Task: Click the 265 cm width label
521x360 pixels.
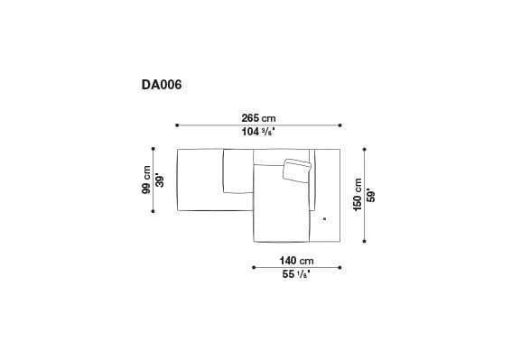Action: tap(258, 117)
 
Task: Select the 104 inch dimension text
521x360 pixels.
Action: tap(258, 132)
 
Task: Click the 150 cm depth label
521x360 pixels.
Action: tap(357, 194)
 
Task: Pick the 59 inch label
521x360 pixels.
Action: tap(371, 194)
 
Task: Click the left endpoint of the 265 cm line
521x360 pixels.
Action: tap(177, 125)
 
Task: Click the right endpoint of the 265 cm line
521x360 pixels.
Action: tap(341, 125)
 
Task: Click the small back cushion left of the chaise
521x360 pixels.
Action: tap(236, 171)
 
